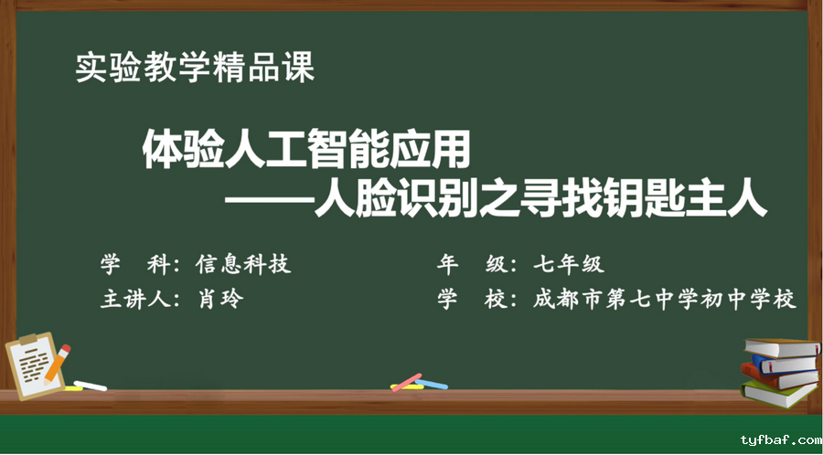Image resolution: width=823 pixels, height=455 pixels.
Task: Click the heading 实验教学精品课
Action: (x=196, y=67)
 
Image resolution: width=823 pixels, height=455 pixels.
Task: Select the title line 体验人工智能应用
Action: (x=306, y=150)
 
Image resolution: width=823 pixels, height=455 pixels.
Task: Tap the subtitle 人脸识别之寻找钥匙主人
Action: (x=540, y=199)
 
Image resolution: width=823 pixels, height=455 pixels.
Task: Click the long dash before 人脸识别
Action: (x=269, y=201)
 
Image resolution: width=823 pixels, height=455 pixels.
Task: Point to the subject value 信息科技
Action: (x=243, y=264)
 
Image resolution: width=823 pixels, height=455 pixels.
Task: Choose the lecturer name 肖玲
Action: (x=220, y=299)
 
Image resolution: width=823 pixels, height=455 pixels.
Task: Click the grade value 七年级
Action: (x=569, y=264)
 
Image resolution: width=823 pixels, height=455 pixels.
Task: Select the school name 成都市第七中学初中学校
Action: (x=665, y=300)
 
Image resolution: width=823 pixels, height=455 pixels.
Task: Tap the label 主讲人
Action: (x=135, y=300)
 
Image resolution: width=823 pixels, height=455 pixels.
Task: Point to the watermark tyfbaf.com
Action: (x=781, y=439)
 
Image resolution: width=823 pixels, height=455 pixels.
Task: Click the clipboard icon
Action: (x=34, y=365)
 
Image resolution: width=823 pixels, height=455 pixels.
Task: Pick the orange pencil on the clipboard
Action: (x=57, y=363)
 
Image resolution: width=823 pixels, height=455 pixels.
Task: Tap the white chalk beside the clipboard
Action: (x=91, y=386)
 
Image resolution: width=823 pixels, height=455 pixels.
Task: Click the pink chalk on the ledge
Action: (x=407, y=382)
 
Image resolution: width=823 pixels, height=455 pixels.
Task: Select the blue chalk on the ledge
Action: (x=432, y=385)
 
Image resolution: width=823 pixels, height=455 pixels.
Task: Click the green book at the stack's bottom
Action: (x=778, y=394)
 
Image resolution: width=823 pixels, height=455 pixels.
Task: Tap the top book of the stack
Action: (x=782, y=347)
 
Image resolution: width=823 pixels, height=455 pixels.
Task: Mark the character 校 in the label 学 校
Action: (x=496, y=300)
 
